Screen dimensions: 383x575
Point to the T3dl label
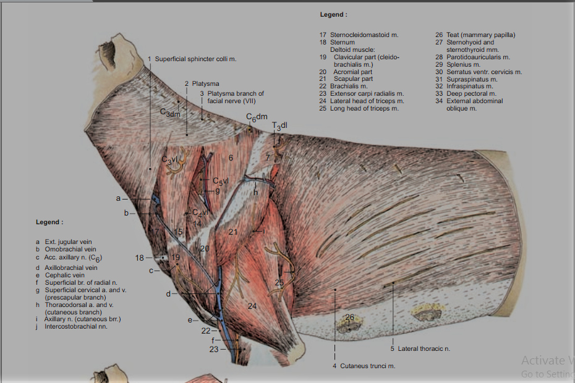tap(279, 126)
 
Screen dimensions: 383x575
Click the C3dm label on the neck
tap(170, 112)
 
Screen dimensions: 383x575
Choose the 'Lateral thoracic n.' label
tap(424, 349)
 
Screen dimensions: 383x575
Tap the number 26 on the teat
tap(350, 318)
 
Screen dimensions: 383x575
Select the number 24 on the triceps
tap(252, 306)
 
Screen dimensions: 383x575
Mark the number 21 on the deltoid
tap(233, 232)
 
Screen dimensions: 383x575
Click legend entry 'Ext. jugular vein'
tap(68, 242)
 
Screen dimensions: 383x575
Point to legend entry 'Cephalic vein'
tap(64, 275)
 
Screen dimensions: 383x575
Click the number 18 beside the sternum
tap(140, 258)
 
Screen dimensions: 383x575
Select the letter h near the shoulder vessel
tap(255, 192)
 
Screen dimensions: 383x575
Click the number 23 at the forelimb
tap(214, 349)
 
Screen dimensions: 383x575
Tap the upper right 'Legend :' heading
tap(333, 14)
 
